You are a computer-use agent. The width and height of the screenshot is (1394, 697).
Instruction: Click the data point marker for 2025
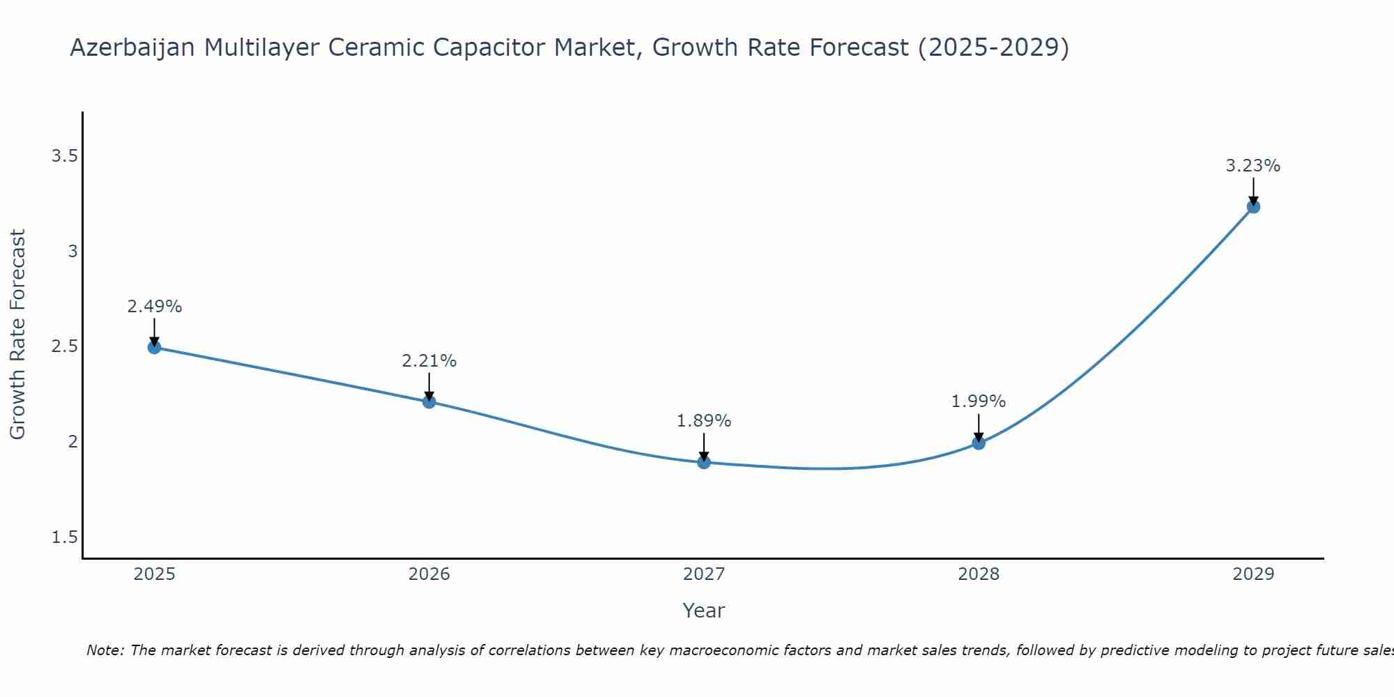click(155, 347)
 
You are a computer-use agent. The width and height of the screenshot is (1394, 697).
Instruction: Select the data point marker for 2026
click(429, 401)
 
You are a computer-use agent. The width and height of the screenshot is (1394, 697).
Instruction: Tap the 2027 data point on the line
click(704, 462)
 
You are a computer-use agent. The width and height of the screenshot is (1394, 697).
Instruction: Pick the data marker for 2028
click(979, 443)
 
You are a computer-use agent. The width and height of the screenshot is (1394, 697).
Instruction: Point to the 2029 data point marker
click(1253, 206)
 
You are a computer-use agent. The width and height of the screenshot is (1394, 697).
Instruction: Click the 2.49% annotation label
click(155, 307)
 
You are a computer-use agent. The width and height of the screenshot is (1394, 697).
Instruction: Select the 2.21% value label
click(429, 361)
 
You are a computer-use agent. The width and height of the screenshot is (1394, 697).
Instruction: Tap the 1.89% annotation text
click(704, 421)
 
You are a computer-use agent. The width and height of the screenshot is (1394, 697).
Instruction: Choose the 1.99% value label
click(979, 401)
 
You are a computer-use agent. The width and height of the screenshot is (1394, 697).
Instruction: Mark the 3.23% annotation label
click(1253, 166)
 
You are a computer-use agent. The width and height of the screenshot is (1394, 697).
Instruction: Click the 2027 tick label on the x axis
click(704, 574)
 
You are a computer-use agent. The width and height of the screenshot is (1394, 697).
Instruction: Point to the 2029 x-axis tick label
click(1253, 574)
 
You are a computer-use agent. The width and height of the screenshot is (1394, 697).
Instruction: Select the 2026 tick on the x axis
click(429, 574)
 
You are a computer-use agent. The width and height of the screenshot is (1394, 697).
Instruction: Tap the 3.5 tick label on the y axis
click(64, 156)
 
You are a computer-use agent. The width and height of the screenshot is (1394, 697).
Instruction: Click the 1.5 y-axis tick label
click(64, 537)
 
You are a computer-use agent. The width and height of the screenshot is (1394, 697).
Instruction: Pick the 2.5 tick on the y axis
click(64, 346)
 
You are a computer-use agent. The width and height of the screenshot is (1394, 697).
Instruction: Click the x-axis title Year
click(704, 611)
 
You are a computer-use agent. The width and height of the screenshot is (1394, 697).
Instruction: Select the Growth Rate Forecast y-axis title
click(18, 335)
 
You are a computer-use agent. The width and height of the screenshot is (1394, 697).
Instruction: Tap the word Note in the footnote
click(105, 650)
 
